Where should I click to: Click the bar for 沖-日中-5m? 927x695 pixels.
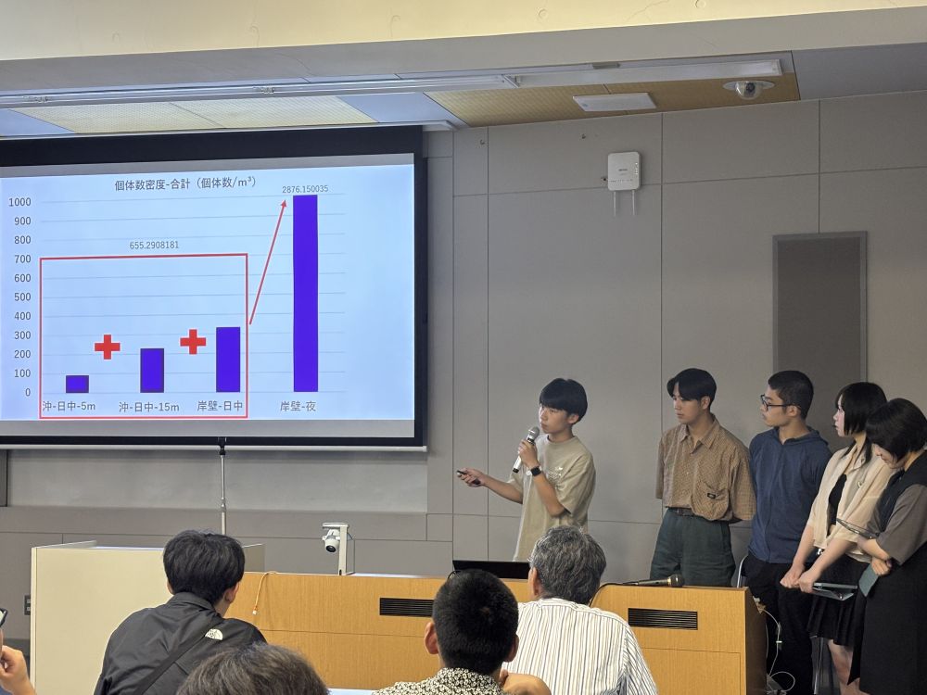pyautogui.click(x=77, y=385)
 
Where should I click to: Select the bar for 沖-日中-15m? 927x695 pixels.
pyautogui.click(x=152, y=371)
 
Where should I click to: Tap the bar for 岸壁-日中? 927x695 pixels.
pyautogui.click(x=228, y=360)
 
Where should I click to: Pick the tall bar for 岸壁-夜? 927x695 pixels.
pyautogui.click(x=306, y=293)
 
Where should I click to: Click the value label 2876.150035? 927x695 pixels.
pyautogui.click(x=305, y=189)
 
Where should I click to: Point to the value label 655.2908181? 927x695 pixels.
pyautogui.click(x=154, y=245)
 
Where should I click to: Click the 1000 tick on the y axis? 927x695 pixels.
pyautogui.click(x=19, y=202)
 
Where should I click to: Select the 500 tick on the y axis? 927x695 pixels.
pyautogui.click(x=22, y=297)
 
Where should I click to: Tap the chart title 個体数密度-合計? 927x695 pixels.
pyautogui.click(x=153, y=184)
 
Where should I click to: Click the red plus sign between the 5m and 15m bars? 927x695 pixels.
pyautogui.click(x=107, y=347)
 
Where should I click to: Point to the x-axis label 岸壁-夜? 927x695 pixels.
pyautogui.click(x=298, y=406)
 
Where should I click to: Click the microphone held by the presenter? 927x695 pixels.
pyautogui.click(x=525, y=449)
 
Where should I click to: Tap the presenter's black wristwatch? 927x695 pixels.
pyautogui.click(x=535, y=471)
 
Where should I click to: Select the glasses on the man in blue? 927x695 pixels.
pyautogui.click(x=774, y=404)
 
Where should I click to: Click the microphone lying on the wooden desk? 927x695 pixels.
pyautogui.click(x=654, y=582)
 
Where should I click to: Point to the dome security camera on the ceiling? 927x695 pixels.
pyautogui.click(x=748, y=89)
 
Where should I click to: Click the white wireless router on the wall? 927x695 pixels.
pyautogui.click(x=624, y=171)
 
